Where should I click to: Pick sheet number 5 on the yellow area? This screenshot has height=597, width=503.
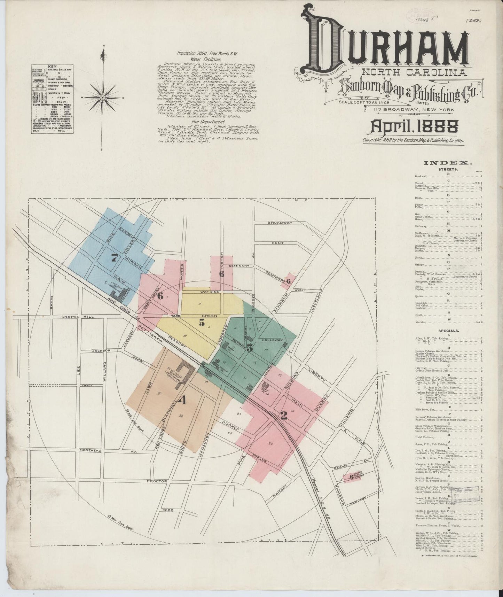coord(202,323)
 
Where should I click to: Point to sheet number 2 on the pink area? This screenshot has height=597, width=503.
coord(284,416)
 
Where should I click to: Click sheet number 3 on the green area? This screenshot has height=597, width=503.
coord(250,348)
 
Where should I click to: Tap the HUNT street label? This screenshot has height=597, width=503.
coord(278,243)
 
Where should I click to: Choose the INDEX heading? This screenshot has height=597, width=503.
coord(448,163)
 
